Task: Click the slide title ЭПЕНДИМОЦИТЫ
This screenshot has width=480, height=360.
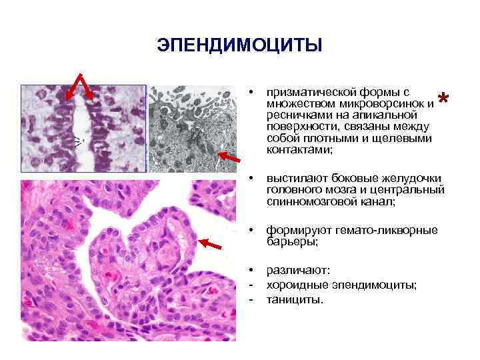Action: point(239,45)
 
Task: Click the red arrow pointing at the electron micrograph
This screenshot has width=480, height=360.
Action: point(229,157)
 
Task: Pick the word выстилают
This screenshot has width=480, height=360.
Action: point(293,178)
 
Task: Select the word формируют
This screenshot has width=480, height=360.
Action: point(294,230)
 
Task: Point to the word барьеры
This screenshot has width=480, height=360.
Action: point(291,241)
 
